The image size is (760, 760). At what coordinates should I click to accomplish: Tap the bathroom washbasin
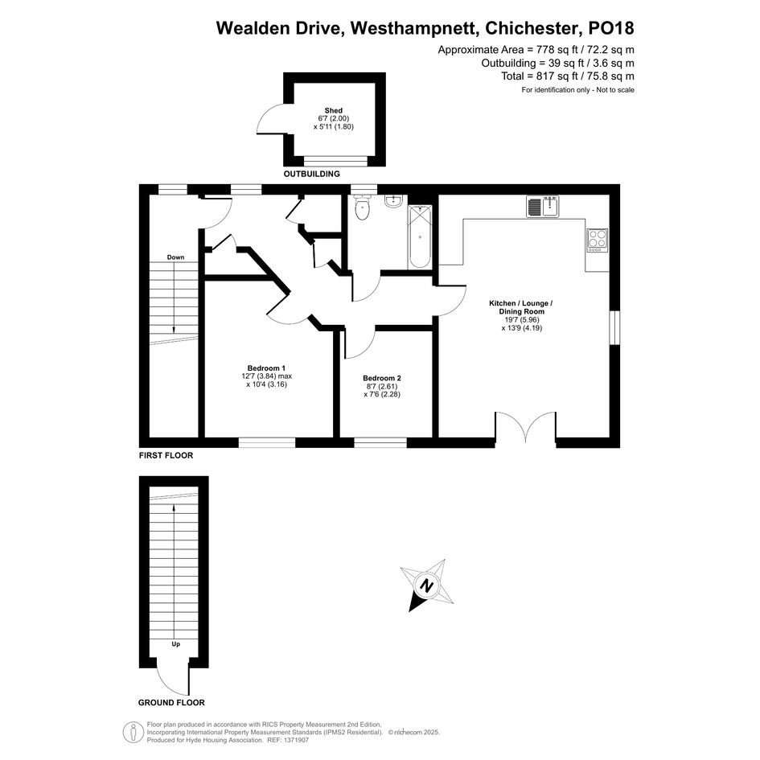click(393, 201)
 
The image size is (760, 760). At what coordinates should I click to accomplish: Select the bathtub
click(419, 236)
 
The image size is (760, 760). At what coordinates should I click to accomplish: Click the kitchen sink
click(543, 207)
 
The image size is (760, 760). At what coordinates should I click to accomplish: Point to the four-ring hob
click(597, 240)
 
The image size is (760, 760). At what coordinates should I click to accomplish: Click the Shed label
click(334, 110)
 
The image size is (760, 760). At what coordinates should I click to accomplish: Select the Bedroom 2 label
click(382, 378)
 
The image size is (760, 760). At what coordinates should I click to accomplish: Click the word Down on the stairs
click(175, 257)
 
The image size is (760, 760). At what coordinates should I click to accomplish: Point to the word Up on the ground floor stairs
click(175, 644)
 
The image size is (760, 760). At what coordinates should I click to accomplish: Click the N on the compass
click(426, 586)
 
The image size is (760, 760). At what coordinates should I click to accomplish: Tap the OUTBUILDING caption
click(312, 174)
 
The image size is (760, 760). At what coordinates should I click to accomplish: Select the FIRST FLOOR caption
click(166, 456)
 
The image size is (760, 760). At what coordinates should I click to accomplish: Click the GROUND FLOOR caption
click(171, 703)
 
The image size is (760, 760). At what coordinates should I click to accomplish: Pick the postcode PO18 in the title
click(610, 28)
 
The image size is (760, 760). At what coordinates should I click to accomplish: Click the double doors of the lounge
click(526, 426)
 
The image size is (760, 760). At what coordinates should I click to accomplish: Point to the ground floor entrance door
click(172, 676)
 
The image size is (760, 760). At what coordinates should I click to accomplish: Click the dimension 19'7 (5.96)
click(521, 320)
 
